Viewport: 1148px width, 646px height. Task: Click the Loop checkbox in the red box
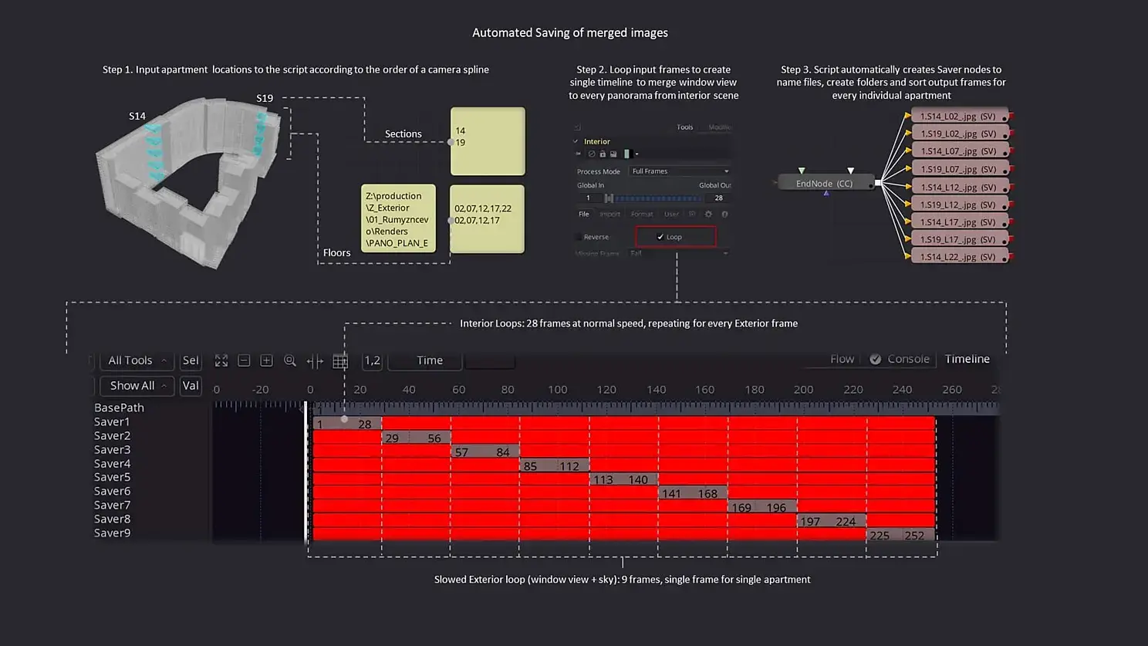coord(660,237)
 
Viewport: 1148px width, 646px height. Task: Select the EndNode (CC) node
coord(824,184)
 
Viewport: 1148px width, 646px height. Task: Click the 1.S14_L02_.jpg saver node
coord(957,117)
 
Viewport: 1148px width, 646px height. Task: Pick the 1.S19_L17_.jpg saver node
coord(957,239)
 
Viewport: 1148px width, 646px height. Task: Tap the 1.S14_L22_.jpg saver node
coord(957,257)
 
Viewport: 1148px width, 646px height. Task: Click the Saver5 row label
coord(112,477)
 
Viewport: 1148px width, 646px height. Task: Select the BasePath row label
coord(119,408)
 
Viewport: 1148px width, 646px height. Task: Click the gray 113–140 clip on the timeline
coord(623,479)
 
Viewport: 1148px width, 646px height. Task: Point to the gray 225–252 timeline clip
coord(900,535)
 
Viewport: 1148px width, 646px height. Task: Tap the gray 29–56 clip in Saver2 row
coord(416,438)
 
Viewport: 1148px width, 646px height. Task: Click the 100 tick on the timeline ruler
coord(557,390)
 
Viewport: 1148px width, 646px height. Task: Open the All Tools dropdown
coord(137,360)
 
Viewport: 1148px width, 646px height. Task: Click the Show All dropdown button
coord(137,385)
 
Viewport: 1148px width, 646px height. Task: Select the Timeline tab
coord(967,359)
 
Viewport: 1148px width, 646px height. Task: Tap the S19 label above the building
coord(265,98)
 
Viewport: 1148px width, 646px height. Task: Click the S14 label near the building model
coord(137,116)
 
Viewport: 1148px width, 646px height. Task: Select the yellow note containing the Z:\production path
coord(398,218)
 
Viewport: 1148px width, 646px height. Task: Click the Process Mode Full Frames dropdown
coord(680,171)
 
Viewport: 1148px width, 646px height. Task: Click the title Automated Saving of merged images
coord(570,32)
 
